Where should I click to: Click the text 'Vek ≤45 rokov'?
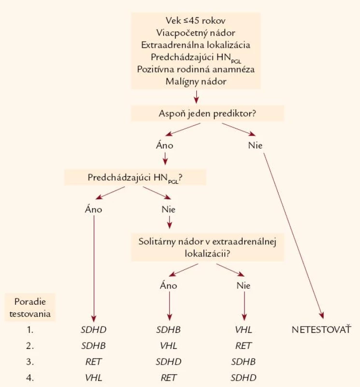pos(195,20)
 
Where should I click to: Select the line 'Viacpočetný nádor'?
pos(196,32)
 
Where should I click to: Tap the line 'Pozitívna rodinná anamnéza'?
pos(196,69)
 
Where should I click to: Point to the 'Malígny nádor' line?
pos(196,81)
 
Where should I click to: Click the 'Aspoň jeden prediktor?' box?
pos(207,114)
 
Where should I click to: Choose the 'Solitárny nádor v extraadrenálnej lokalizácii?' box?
pos(207,247)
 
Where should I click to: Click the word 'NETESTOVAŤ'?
pos(321,329)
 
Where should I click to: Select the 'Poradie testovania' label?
pos(30,308)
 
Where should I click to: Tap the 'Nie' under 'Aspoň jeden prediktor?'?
pos(255,146)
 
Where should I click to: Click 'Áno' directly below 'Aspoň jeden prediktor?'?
pos(164,145)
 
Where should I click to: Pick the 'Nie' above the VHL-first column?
pos(244,285)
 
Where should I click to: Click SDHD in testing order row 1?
pos(93,330)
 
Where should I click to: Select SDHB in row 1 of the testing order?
pos(169,330)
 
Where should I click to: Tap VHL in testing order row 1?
pos(244,330)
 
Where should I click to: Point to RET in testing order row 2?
pos(244,346)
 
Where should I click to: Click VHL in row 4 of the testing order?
pos(93,378)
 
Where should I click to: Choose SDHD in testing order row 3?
pos(169,362)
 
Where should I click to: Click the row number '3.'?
pos(30,362)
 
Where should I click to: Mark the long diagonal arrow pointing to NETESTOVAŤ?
pos(293,236)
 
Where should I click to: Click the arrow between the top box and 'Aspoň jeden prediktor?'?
pos(196,97)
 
